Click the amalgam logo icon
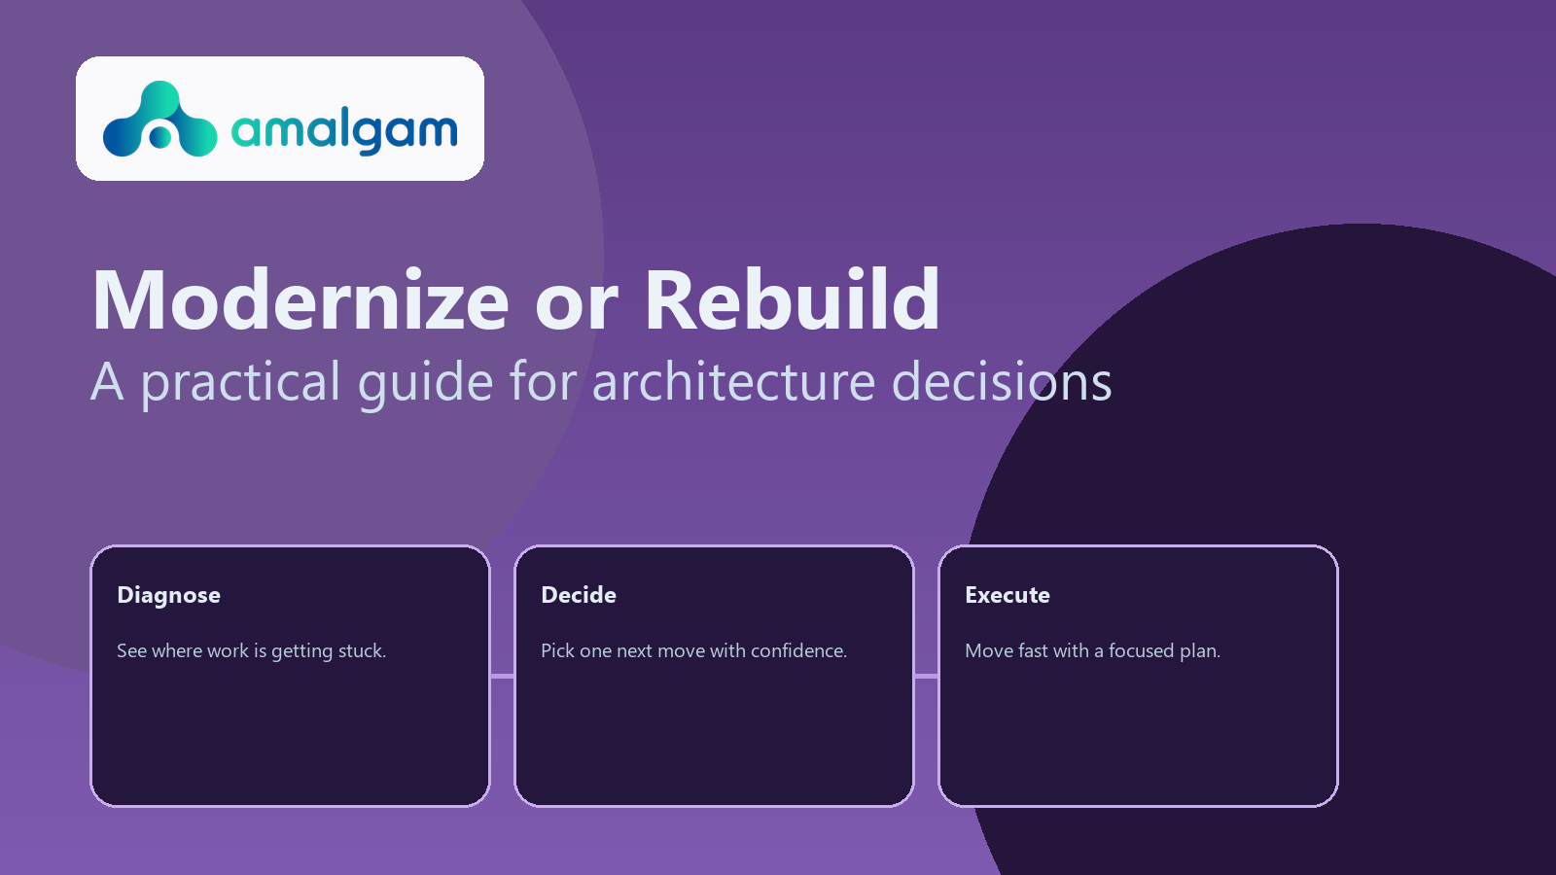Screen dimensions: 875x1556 (159, 120)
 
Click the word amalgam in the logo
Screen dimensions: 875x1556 (344, 130)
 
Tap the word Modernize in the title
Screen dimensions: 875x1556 (301, 300)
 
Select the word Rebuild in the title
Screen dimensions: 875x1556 (792, 300)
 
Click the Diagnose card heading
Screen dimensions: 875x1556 (168, 595)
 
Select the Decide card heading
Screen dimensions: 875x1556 (579, 595)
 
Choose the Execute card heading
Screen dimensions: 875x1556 (1008, 595)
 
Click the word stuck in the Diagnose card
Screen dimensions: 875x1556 (361, 651)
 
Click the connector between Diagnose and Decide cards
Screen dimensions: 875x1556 (502, 676)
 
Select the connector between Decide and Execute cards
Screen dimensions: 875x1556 (926, 676)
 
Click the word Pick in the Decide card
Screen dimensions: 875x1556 (557, 651)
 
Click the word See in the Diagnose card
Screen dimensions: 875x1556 (131, 651)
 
